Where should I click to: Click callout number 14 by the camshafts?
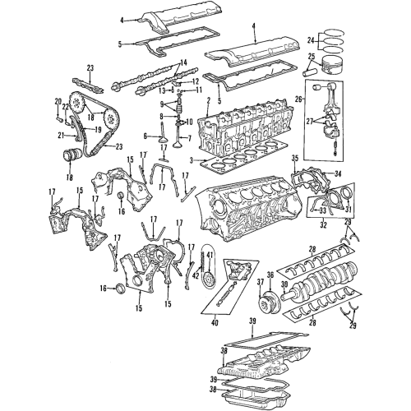click(x=182, y=62)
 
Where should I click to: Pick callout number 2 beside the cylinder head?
click(x=209, y=101)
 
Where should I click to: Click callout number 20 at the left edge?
click(x=58, y=102)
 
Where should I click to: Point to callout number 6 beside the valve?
click(x=146, y=136)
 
